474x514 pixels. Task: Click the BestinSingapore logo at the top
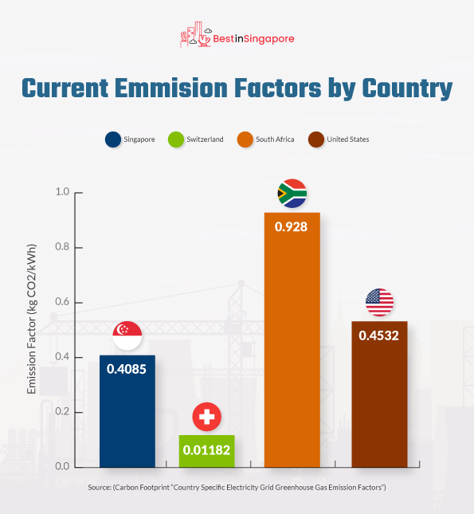pos(237,35)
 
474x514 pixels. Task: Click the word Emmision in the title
pos(171,88)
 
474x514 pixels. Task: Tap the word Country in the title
pos(407,88)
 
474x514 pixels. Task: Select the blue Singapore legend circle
pos(113,139)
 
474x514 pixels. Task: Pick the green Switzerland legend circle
pos(176,139)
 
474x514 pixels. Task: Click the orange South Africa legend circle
pos(245,139)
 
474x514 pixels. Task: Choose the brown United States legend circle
pos(316,139)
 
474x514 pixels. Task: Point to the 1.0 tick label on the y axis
pos(62,192)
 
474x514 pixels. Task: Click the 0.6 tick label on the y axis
pos(62,302)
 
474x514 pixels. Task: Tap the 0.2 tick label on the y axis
pos(62,412)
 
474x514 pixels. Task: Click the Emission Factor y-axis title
pos(32,319)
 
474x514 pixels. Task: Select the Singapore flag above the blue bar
pos(127,335)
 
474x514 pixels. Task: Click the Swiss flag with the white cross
pos(207,417)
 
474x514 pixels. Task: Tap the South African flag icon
pos(292,194)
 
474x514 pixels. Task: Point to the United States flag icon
pos(379,302)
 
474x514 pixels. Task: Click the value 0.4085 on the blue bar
pos(127,369)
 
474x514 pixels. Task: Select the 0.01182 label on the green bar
pos(206,450)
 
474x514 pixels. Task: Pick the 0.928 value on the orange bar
pos(291,227)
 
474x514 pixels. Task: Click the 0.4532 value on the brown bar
pos(379,335)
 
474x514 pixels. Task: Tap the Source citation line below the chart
pos(237,488)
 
